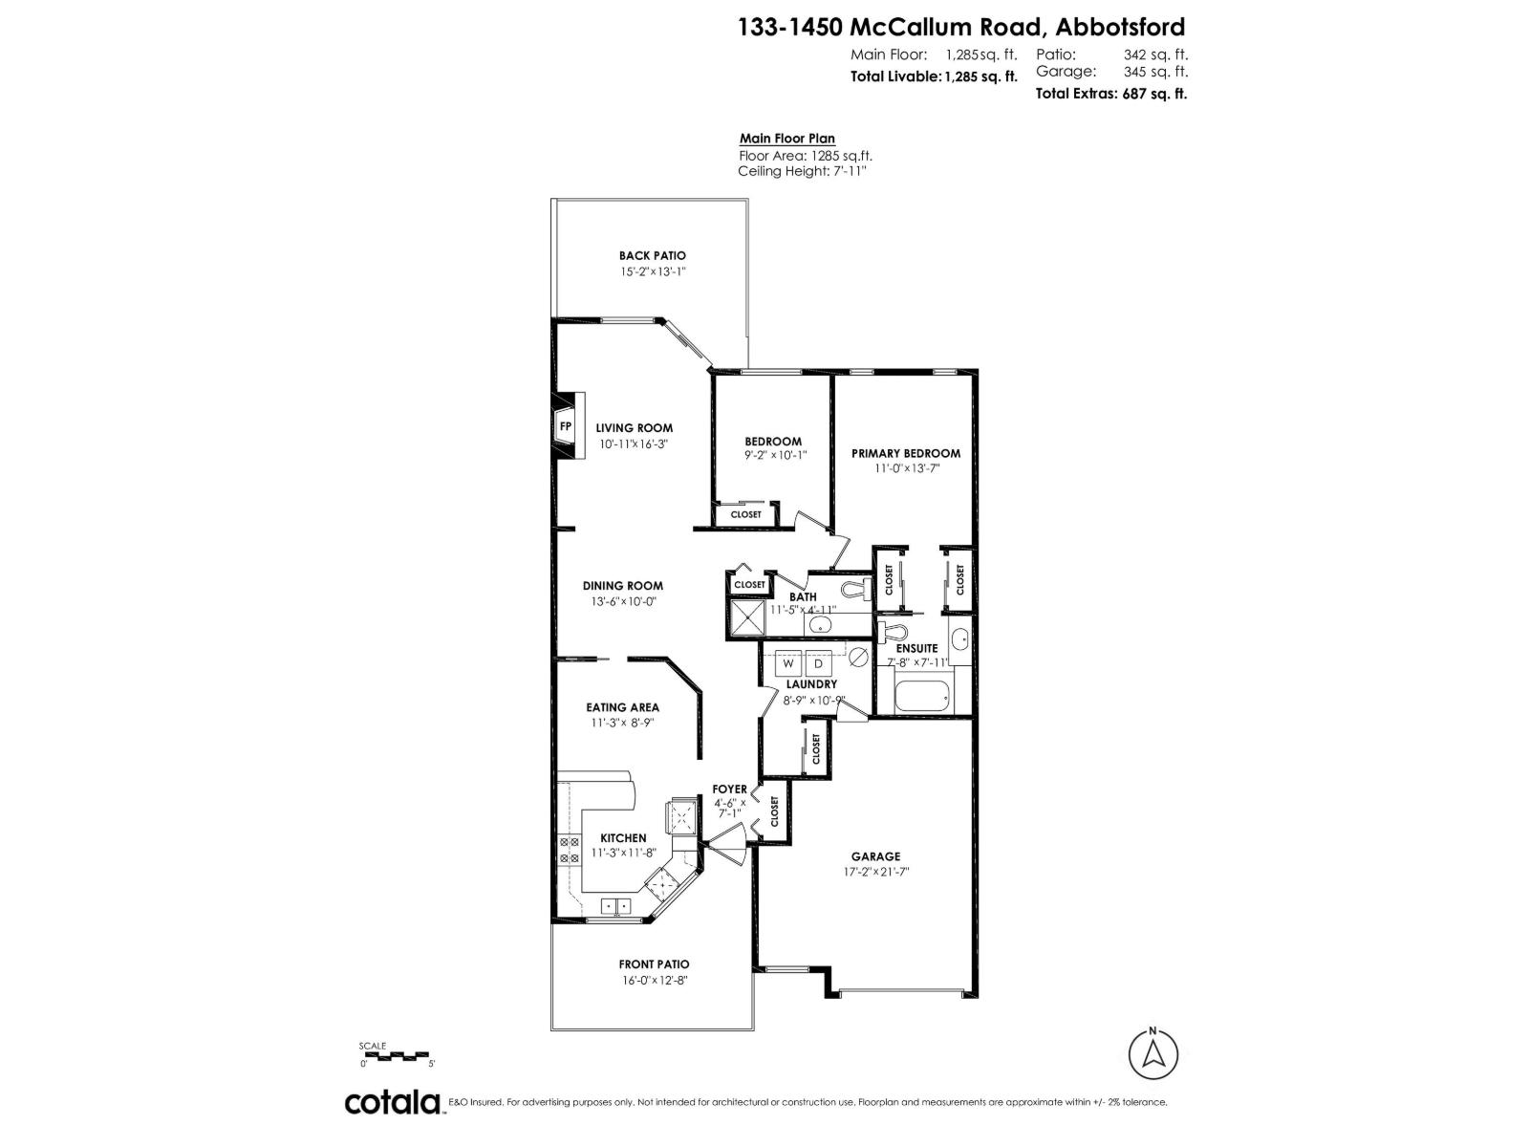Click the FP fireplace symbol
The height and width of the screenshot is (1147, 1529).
[x=565, y=426]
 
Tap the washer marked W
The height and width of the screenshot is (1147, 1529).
[x=789, y=663]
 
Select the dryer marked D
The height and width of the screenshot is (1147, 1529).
[x=819, y=663]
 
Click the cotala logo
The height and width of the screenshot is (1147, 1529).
[x=392, y=1102]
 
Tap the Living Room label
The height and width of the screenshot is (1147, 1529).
[x=635, y=428]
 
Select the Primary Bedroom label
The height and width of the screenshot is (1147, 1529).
[x=905, y=453]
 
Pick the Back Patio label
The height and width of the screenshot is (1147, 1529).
[x=653, y=255]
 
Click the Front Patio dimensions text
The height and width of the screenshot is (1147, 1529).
[x=654, y=980]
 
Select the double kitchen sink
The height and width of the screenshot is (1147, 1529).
[x=614, y=905]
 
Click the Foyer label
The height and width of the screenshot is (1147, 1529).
[x=729, y=789]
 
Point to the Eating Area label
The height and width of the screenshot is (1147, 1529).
[x=623, y=707]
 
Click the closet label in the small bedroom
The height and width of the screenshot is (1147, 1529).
[x=746, y=514]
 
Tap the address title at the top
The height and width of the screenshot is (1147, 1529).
[x=961, y=27]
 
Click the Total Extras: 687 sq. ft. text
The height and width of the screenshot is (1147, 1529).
[x=1111, y=94]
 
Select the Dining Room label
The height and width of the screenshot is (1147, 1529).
[x=623, y=586]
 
